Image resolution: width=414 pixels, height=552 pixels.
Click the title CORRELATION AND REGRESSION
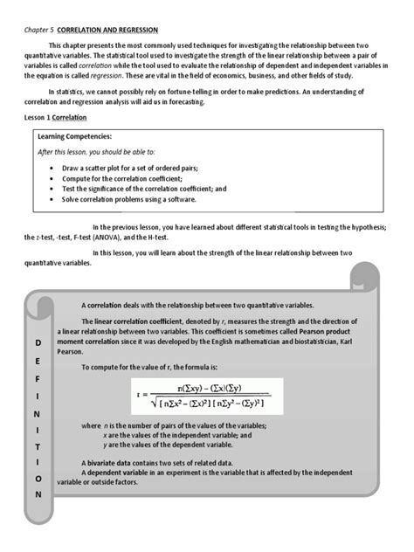point(107,28)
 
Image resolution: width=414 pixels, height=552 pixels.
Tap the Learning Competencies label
point(74,137)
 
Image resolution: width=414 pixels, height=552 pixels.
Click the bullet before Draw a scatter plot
point(53,167)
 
